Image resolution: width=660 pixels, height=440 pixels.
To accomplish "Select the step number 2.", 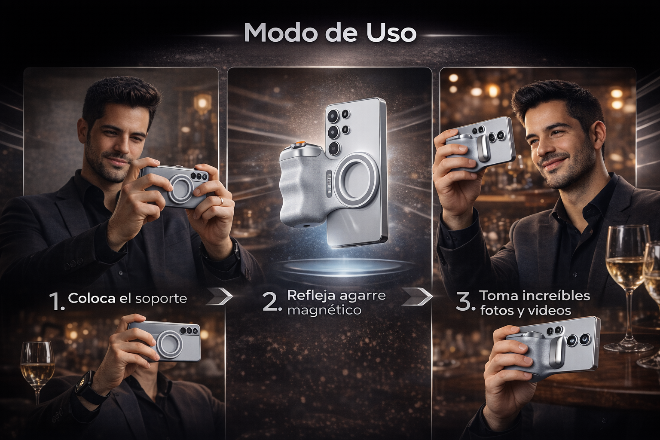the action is [270, 302].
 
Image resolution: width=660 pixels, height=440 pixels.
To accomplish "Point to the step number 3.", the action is [465, 302].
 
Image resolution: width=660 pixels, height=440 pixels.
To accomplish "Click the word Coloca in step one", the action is [92, 299].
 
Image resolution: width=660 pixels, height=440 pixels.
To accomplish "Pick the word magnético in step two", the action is [324, 311].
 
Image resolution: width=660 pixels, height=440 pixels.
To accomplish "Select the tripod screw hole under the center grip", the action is [304, 226].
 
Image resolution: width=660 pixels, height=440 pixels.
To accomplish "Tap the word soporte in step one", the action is [161, 299].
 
